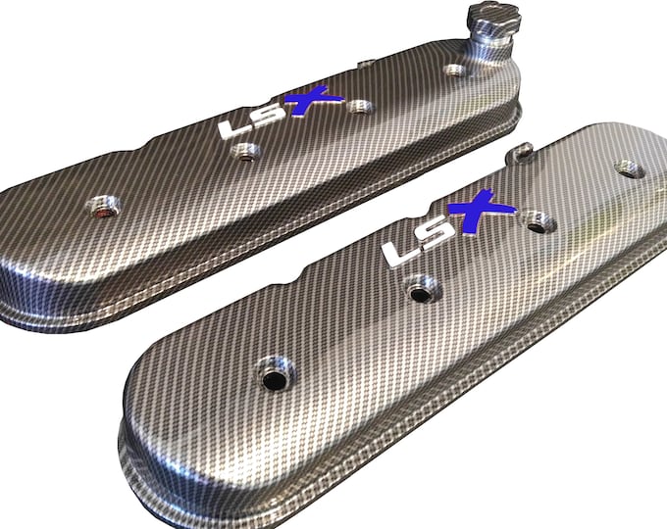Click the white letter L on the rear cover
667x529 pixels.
click(231, 128)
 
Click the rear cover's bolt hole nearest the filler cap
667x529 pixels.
click(452, 70)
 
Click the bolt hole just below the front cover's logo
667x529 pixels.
click(421, 288)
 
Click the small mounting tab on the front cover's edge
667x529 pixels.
click(519, 152)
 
